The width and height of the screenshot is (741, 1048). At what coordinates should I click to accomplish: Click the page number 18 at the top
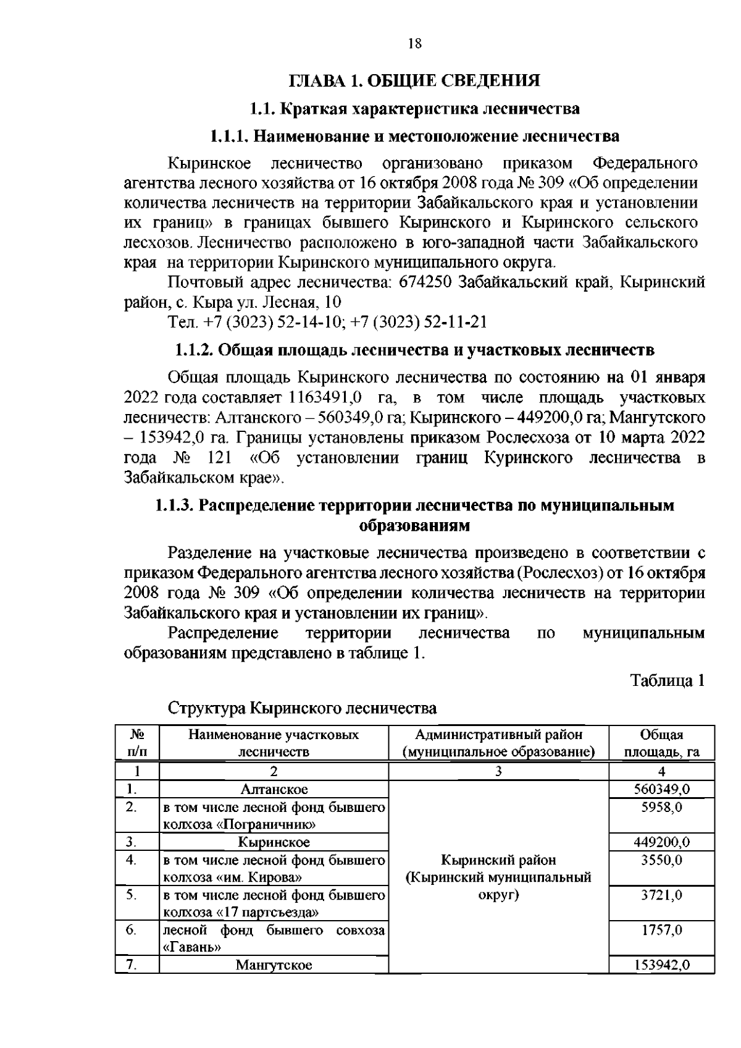(414, 43)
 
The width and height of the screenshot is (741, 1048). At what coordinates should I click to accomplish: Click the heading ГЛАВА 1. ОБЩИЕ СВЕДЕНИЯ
(414, 82)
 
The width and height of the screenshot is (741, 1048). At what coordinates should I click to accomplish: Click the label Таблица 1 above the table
(668, 680)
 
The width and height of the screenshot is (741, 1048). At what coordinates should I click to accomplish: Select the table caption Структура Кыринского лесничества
(303, 708)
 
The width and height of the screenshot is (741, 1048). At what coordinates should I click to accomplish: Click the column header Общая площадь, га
(661, 743)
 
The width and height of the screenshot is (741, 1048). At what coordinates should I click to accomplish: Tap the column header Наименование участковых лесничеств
(274, 743)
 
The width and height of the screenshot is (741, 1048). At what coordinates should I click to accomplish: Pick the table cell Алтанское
(274, 789)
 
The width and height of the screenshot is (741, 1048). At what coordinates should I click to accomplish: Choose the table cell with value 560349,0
(661, 789)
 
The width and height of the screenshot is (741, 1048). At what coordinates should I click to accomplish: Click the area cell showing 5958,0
(661, 807)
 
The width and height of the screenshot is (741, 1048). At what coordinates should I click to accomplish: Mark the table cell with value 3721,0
(661, 895)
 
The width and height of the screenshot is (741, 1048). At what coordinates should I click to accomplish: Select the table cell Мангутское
(274, 965)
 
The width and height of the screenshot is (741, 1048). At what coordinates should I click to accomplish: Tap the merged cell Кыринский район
(498, 860)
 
